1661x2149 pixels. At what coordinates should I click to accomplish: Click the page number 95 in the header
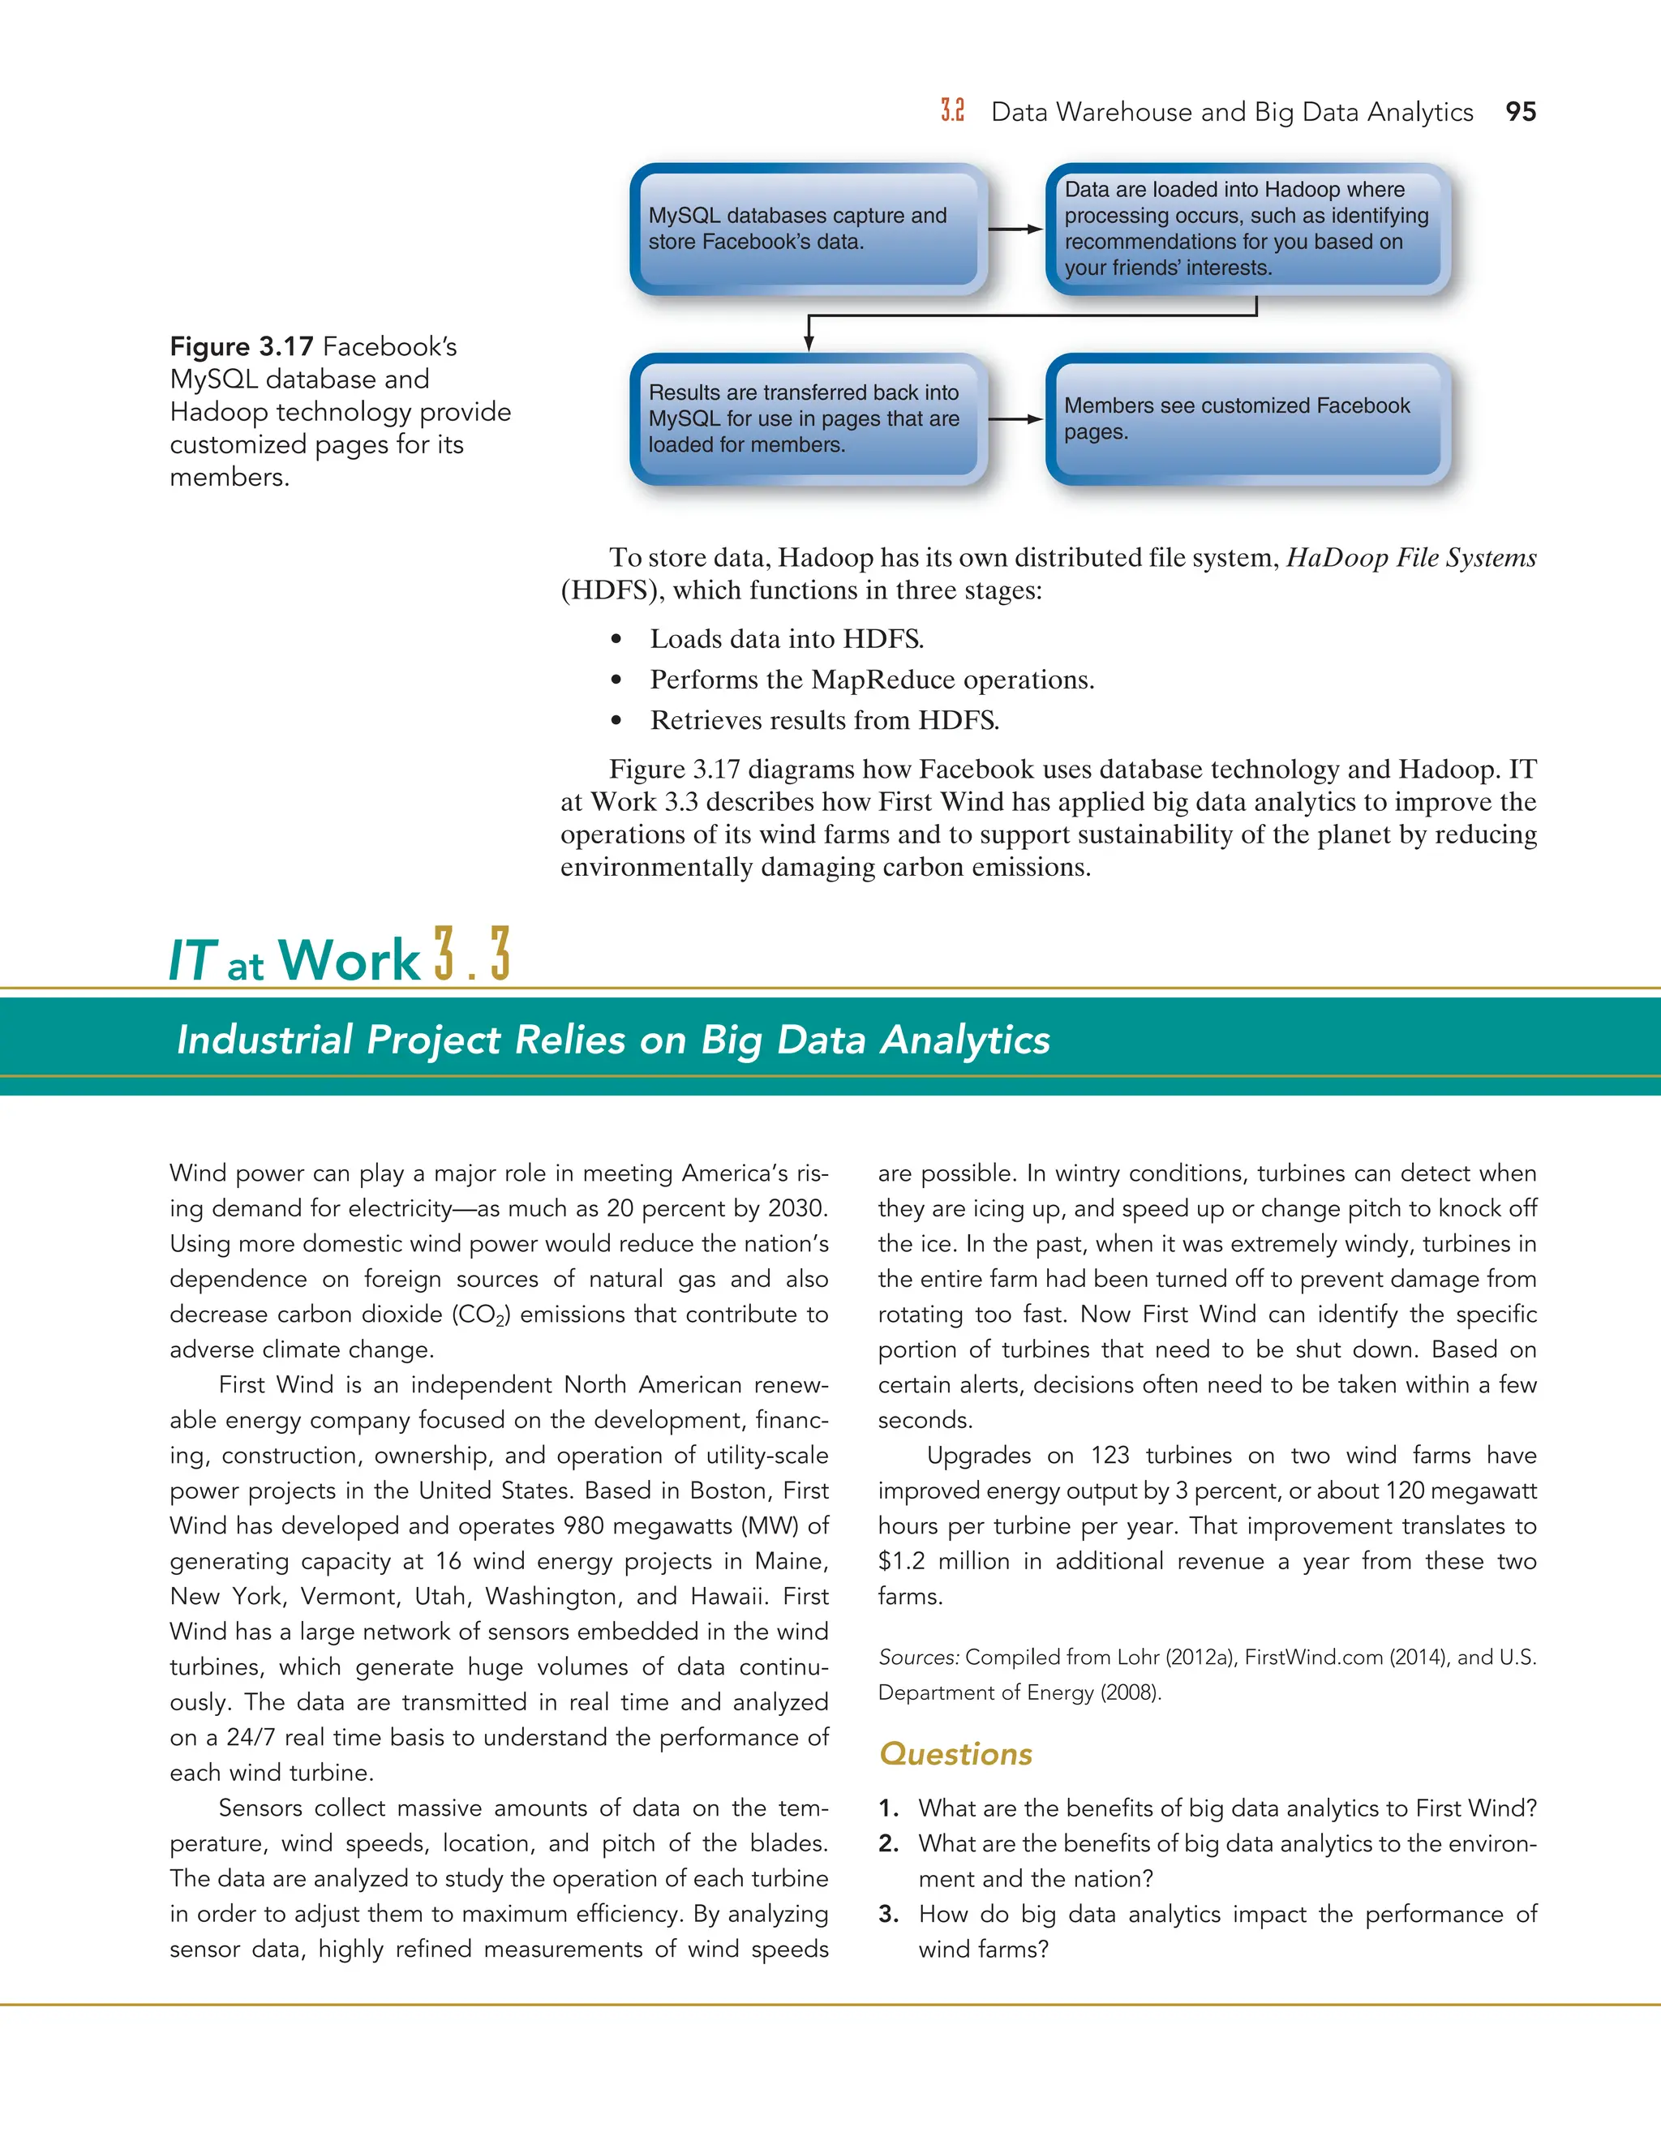(1521, 112)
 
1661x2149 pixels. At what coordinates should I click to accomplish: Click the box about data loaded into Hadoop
(1247, 229)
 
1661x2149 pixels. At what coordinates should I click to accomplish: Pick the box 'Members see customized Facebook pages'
(1247, 419)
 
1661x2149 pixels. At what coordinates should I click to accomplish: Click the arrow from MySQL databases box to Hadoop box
(1015, 229)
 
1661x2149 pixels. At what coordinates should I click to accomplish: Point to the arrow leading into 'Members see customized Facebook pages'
(1015, 419)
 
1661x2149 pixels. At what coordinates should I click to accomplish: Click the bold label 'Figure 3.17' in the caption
(241, 347)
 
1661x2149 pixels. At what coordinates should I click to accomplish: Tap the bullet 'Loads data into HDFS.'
(786, 640)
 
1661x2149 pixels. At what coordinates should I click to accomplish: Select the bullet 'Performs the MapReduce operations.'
(871, 680)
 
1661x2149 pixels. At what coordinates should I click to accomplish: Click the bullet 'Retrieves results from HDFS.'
(824, 720)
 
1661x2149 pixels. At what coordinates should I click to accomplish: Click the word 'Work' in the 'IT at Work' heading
(350, 960)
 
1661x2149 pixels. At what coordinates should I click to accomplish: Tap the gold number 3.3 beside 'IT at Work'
(472, 954)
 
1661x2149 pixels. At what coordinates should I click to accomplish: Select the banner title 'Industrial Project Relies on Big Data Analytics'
(613, 1040)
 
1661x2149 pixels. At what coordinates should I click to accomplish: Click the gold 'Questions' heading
(955, 1753)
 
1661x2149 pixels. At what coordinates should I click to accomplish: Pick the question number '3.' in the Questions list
(889, 1914)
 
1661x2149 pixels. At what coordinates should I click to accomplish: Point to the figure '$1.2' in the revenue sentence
(900, 1562)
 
